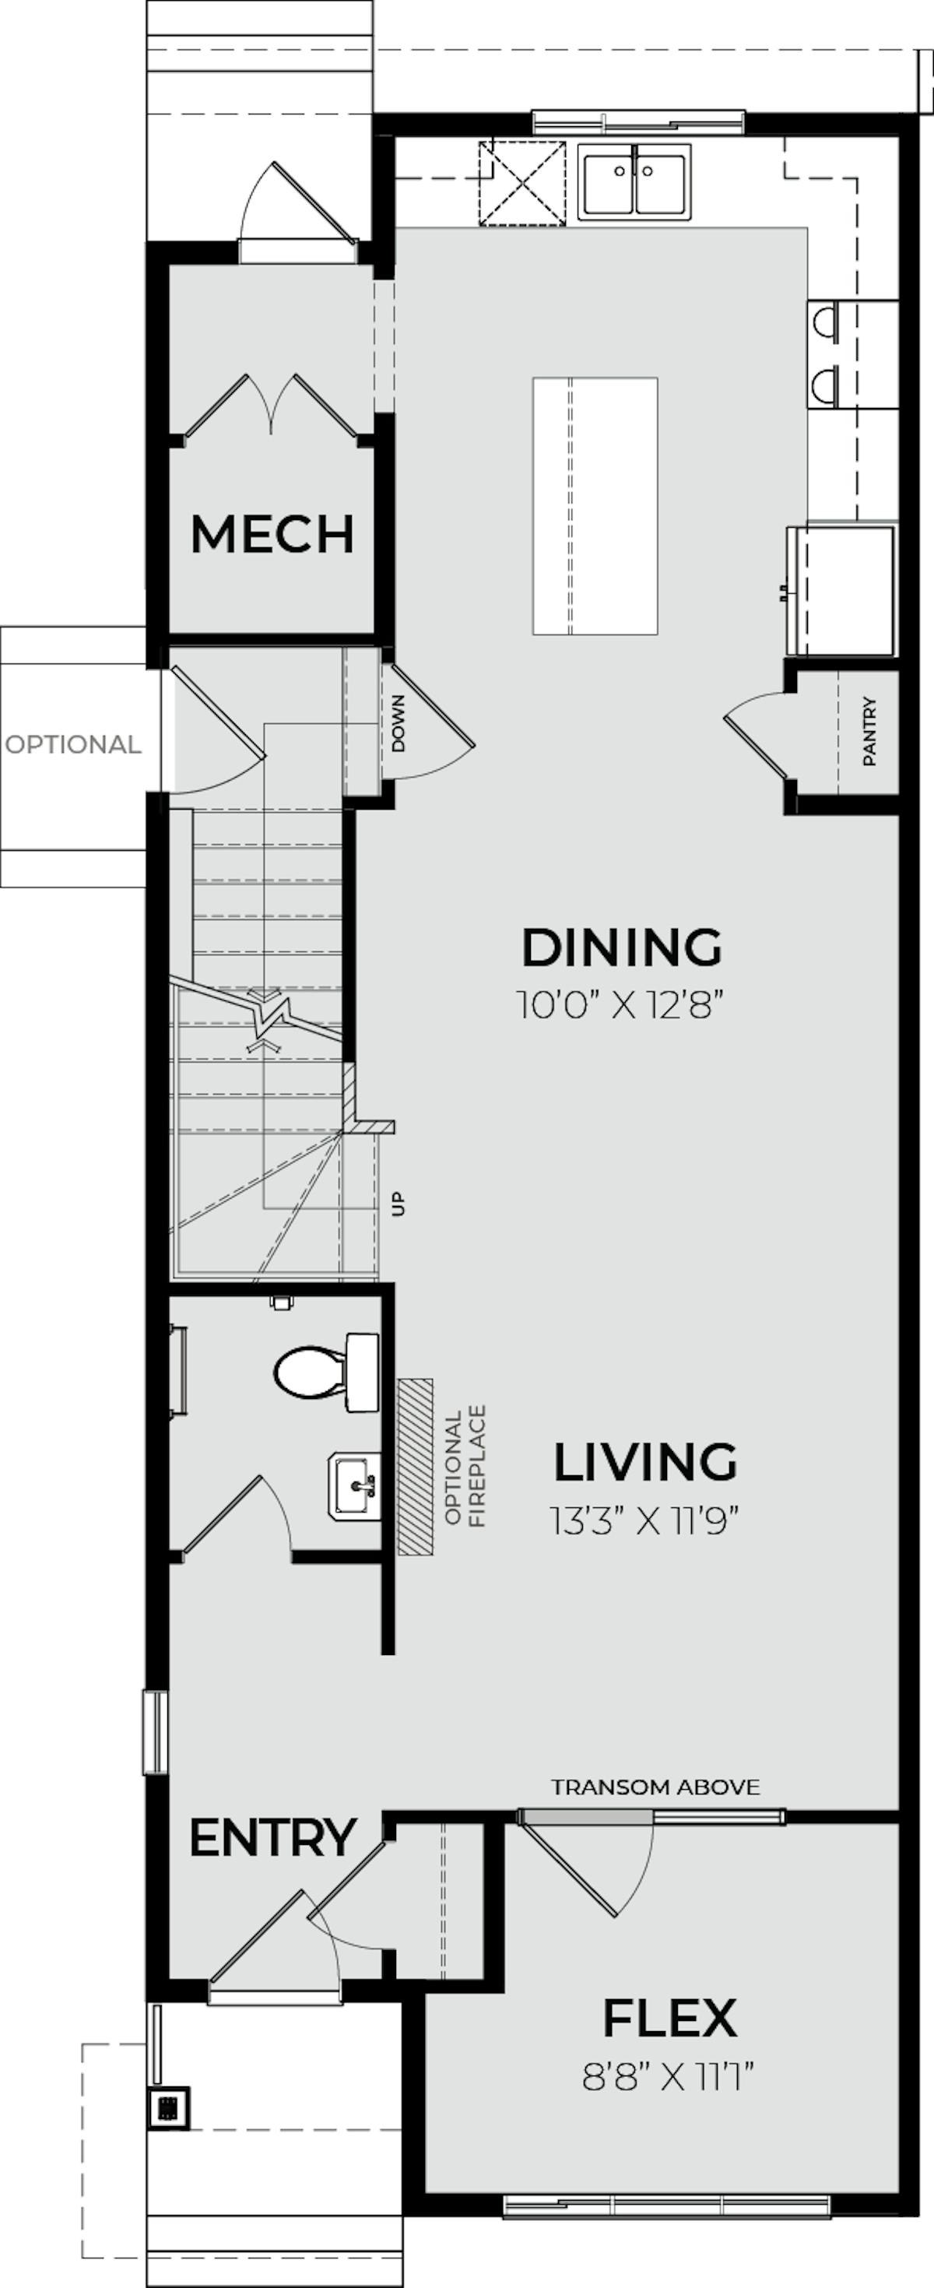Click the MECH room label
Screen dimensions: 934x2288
click(x=272, y=534)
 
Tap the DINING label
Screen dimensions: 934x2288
click(x=621, y=947)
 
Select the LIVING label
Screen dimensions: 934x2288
click(x=645, y=1462)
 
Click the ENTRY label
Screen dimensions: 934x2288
click(x=272, y=1839)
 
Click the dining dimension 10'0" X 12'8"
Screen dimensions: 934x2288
click(x=621, y=1006)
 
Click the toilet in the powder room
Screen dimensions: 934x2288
click(x=327, y=1372)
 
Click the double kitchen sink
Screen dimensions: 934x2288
click(x=634, y=181)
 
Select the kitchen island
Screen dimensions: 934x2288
click(x=595, y=505)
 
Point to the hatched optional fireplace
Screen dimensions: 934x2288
click(x=416, y=1467)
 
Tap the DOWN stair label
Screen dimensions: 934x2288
click(x=398, y=723)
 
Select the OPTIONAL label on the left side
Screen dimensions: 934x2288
click(x=73, y=744)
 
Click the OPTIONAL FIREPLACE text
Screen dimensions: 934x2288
click(x=465, y=1466)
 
